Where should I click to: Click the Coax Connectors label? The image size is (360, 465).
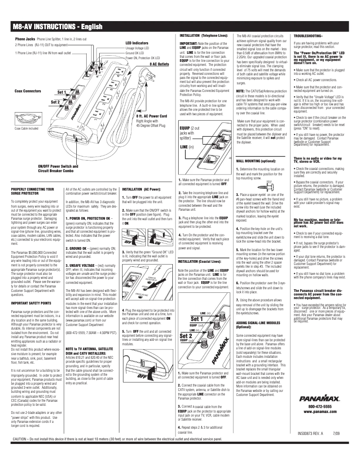(x=28, y=91)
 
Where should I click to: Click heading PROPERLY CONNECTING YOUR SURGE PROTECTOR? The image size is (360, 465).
(x=32, y=192)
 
